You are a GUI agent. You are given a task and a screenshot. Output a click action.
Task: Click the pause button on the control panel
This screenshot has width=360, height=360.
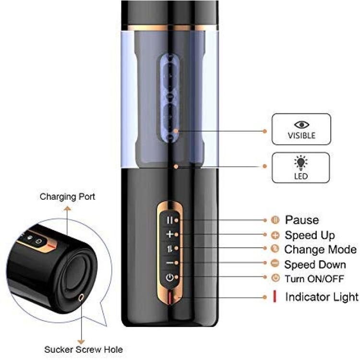coord(169,220)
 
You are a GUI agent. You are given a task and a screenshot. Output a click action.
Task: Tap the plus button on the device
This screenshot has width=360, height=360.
coord(169,234)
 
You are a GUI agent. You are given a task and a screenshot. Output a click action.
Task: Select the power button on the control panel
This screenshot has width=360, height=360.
coord(169,277)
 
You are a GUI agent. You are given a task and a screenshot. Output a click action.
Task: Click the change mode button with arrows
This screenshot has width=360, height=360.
coord(169,249)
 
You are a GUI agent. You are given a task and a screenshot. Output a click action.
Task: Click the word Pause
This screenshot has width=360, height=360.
coord(301,220)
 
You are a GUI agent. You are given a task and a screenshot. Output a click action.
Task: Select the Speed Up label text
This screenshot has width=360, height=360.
coord(310,235)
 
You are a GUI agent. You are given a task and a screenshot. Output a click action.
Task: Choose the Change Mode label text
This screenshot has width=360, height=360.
coord(320,250)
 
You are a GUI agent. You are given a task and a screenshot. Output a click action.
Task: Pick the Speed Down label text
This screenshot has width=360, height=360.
coord(315,264)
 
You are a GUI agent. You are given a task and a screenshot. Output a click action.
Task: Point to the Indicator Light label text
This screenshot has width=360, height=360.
coord(322,297)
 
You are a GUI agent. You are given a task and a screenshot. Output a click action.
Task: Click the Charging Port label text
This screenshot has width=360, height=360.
coord(67,196)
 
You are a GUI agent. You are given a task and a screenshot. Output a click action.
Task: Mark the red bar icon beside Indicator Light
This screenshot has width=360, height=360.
coord(275,297)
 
